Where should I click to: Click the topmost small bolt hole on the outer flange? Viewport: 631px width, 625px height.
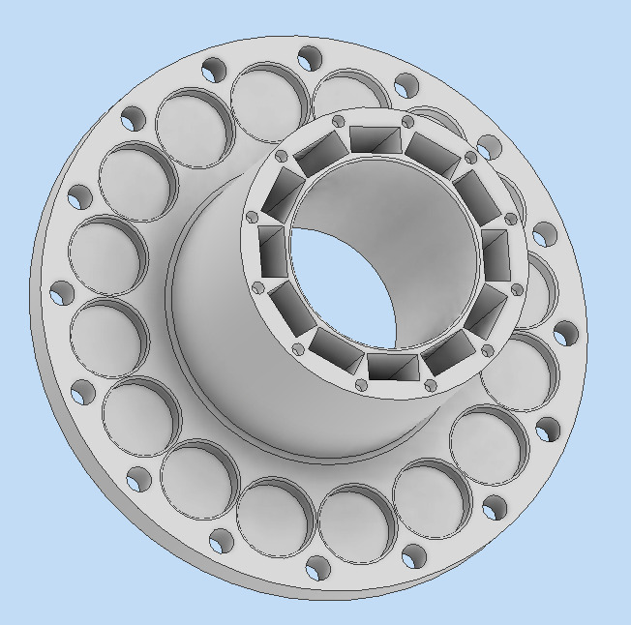(310, 58)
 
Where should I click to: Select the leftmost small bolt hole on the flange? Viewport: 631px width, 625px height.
(63, 292)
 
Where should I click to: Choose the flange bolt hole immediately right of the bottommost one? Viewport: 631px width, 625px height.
(413, 556)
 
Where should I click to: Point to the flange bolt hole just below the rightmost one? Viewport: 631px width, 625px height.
(548, 429)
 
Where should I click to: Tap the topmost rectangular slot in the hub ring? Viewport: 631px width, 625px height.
(376, 139)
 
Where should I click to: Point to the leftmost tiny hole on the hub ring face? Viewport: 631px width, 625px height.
(252, 218)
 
